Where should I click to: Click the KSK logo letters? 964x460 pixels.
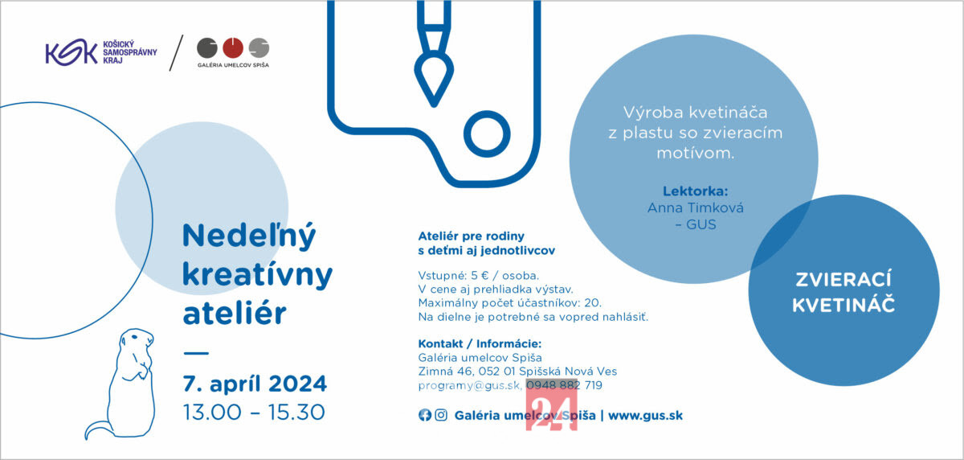click(71, 52)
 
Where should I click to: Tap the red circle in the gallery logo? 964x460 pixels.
click(233, 47)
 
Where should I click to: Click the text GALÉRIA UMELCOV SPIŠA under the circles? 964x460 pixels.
click(233, 65)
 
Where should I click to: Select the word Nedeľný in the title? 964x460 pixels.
click(249, 236)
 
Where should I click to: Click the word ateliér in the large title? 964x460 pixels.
click(235, 312)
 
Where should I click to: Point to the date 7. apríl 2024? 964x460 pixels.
click(255, 384)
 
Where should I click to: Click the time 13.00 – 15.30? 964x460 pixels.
click(254, 413)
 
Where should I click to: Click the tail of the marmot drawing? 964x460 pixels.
click(96, 429)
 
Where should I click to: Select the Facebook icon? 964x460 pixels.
click(425, 415)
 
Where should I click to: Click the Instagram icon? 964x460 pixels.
click(441, 415)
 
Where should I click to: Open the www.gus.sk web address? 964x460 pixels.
click(645, 415)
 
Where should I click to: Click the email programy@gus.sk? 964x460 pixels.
click(469, 385)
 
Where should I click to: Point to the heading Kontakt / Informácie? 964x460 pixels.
click(480, 343)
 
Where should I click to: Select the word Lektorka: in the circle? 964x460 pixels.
click(695, 191)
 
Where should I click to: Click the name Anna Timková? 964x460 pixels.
click(696, 207)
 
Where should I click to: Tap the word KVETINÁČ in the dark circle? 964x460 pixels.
click(843, 305)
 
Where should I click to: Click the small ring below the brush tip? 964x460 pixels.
click(487, 133)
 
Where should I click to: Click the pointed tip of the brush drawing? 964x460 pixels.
click(434, 104)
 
